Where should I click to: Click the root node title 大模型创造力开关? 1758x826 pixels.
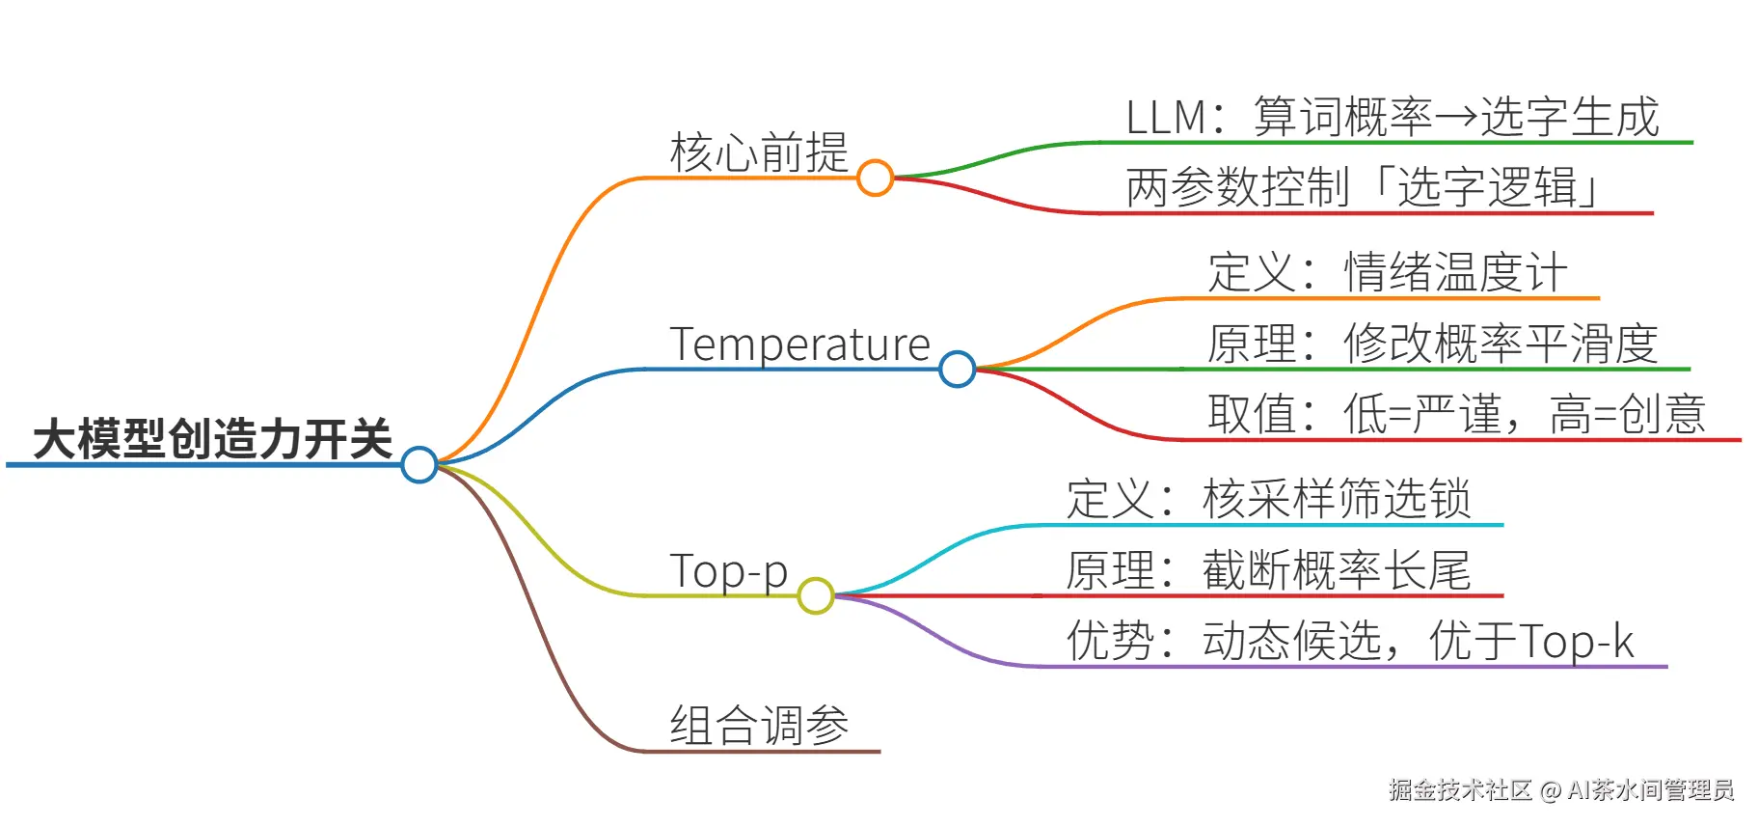click(x=213, y=439)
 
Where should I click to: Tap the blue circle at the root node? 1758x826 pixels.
click(x=419, y=464)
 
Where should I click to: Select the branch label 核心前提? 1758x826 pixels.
click(x=759, y=152)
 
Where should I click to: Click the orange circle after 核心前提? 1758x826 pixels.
click(x=875, y=178)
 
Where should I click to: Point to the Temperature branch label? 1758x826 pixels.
click(x=799, y=344)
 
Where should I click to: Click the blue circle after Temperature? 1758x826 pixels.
click(x=957, y=369)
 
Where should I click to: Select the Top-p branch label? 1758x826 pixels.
click(x=728, y=571)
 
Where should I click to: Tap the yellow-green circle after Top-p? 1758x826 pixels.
click(x=816, y=595)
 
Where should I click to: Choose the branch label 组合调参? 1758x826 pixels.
click(x=759, y=725)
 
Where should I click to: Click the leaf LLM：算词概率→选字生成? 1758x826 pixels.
click(x=1393, y=117)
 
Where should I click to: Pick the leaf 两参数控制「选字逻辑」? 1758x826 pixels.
click(x=1364, y=187)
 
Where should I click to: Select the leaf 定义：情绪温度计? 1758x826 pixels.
click(x=1388, y=272)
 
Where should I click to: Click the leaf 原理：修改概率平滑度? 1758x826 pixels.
click(x=1433, y=344)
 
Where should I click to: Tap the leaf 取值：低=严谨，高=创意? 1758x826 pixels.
click(x=1456, y=414)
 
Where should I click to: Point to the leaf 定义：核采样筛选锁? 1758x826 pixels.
click(x=1268, y=499)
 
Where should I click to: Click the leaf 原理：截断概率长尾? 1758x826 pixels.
click(x=1268, y=570)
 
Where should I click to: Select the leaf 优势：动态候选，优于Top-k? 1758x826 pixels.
click(x=1350, y=641)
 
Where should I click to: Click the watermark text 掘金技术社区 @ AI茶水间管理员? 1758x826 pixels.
click(x=1561, y=790)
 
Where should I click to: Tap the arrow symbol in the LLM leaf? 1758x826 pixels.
click(x=1456, y=118)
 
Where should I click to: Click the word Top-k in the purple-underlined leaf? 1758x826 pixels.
click(x=1577, y=642)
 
